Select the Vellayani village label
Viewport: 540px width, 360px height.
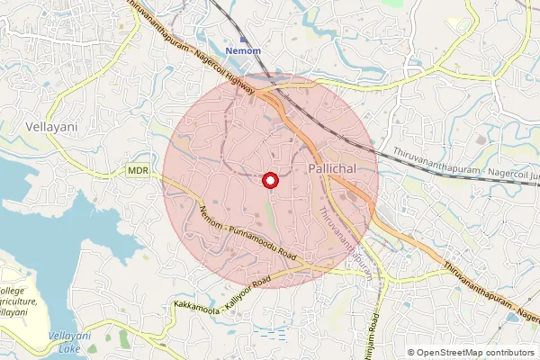[52, 128]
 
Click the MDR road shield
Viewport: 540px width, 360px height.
[138, 170]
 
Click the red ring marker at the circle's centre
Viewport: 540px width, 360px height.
[268, 181]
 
